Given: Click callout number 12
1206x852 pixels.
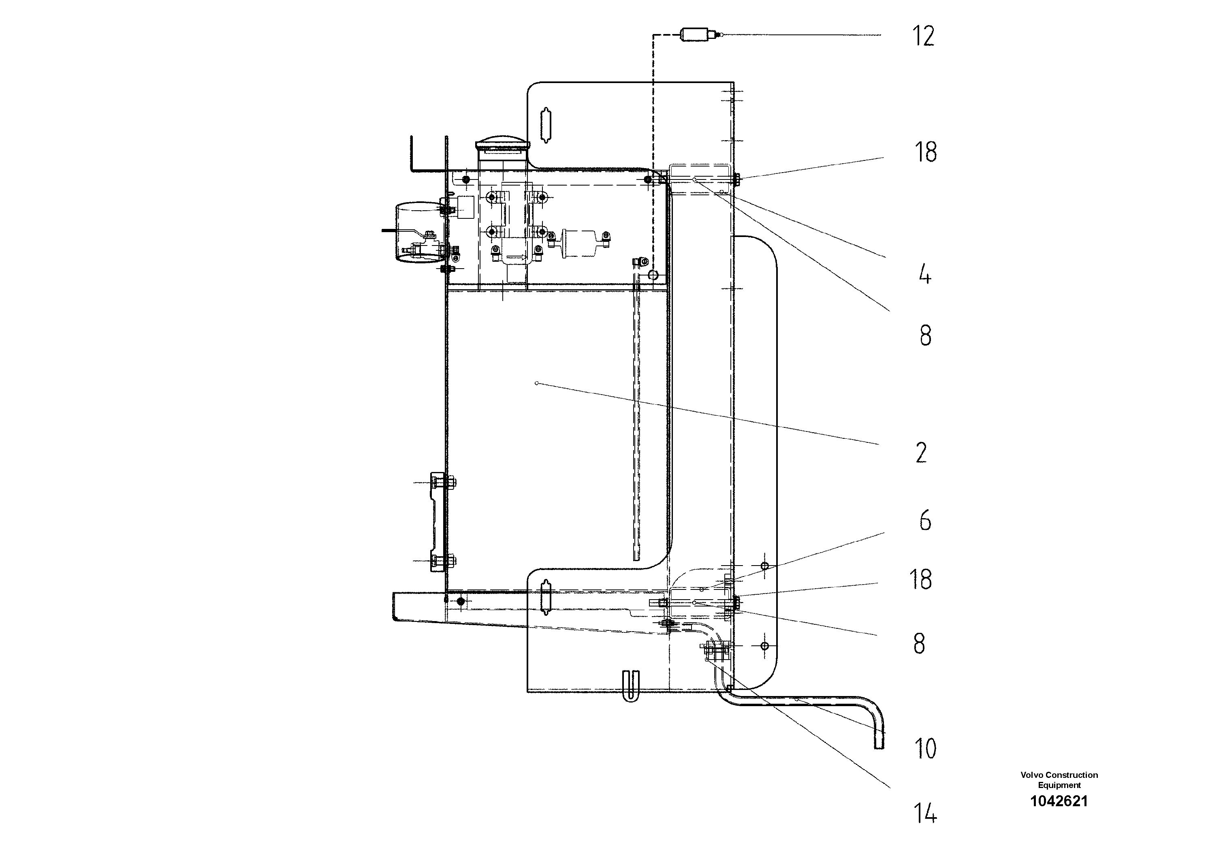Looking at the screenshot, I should pyautogui.click(x=923, y=36).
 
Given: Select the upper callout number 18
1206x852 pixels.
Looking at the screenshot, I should pyautogui.click(x=926, y=152).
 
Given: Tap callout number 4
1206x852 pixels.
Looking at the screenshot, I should pyautogui.click(x=924, y=275).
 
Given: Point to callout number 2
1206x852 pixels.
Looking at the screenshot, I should pyautogui.click(x=921, y=453).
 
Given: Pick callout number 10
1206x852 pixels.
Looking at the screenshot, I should pyautogui.click(x=925, y=749).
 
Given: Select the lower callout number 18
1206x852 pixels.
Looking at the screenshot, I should pyautogui.click(x=921, y=579).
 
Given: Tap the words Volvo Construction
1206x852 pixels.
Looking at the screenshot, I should pyautogui.click(x=1059, y=775).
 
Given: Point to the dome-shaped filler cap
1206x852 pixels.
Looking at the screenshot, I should pyautogui.click(x=501, y=143).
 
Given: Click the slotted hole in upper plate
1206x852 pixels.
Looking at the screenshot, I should pyautogui.click(x=546, y=124).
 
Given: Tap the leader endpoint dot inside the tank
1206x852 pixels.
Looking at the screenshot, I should pyautogui.click(x=536, y=383).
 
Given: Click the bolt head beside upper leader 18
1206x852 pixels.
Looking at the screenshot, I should pyautogui.click(x=736, y=179).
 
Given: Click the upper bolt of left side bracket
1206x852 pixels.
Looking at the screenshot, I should pyautogui.click(x=453, y=481).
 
